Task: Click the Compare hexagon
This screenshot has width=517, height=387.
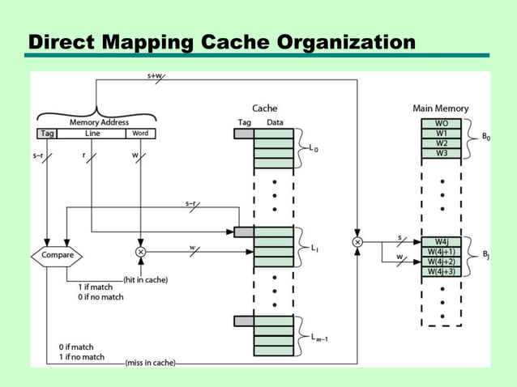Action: (58, 255)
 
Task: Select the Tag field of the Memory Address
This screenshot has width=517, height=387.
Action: (46, 134)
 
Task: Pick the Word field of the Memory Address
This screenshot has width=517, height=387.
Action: (140, 134)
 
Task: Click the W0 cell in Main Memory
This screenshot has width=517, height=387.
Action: (442, 124)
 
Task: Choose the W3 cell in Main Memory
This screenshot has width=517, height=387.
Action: (442, 153)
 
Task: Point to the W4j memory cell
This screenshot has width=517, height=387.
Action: (442, 242)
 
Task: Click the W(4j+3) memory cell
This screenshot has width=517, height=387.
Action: (442, 271)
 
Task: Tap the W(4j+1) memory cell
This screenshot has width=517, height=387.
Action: (442, 252)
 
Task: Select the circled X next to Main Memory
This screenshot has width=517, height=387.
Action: (357, 242)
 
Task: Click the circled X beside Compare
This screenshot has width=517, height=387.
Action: (141, 252)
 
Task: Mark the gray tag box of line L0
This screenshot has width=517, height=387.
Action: (244, 134)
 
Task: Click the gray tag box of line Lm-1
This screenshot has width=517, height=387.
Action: (244, 321)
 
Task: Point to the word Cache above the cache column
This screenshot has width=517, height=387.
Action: (265, 108)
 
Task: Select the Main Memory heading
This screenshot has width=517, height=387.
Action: (441, 108)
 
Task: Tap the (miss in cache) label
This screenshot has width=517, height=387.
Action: (150, 362)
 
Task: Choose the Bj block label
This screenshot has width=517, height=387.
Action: (485, 257)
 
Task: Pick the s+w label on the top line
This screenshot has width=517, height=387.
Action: (155, 75)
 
